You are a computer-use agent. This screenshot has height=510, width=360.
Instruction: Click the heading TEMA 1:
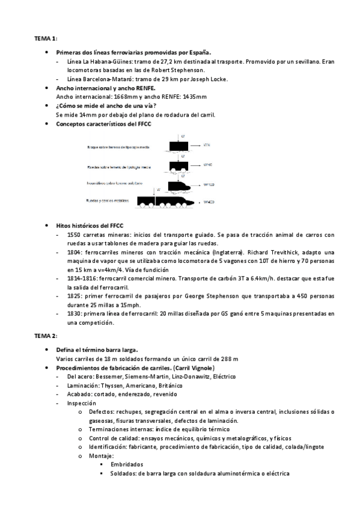tap(45, 38)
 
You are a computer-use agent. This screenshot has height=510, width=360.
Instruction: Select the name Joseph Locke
tap(213, 79)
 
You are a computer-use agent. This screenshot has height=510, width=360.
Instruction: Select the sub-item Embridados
tap(127, 465)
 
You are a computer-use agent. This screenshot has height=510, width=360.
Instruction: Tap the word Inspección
tap(82, 402)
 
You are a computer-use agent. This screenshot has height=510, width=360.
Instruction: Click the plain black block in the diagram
tap(181, 146)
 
